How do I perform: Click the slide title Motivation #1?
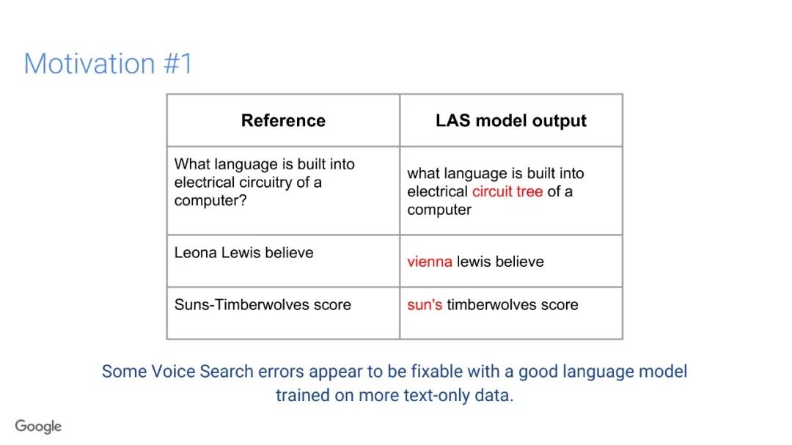[108, 65]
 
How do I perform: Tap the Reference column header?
[283, 121]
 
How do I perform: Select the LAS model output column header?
[511, 121]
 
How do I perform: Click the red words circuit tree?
[507, 191]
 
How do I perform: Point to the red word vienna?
[429, 262]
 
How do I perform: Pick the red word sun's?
[425, 305]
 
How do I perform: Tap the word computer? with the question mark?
[210, 201]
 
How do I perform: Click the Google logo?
[38, 427]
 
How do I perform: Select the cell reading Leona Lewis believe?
[283, 261]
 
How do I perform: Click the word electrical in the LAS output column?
[437, 191]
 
